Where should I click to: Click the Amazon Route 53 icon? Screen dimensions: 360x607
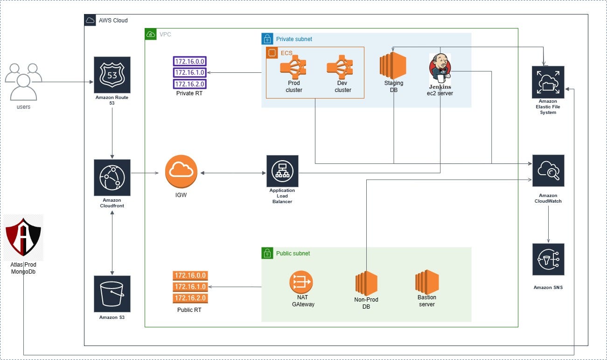coord(112,75)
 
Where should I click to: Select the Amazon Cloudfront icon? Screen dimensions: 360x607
coord(112,177)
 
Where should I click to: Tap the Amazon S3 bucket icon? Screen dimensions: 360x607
coord(112,294)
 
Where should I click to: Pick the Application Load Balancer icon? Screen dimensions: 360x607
coord(282,171)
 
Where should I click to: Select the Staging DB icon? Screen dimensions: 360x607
coord(392,65)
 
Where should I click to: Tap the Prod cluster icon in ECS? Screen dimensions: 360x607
coord(293,67)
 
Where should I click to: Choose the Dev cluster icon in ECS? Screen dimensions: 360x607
coord(342,67)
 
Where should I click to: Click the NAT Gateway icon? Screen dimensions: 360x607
coord(301,282)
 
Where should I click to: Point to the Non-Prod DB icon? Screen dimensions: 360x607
coord(366,283)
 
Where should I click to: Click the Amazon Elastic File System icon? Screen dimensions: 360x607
coord(548,82)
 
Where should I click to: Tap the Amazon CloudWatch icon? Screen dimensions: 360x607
coord(548,171)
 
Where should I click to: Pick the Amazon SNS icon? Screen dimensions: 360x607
coord(548,259)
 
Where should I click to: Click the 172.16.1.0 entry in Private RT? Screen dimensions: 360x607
coord(190,72)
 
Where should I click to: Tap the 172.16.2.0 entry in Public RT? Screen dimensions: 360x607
coord(190,298)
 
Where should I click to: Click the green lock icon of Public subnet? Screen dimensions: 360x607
coord(266,253)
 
